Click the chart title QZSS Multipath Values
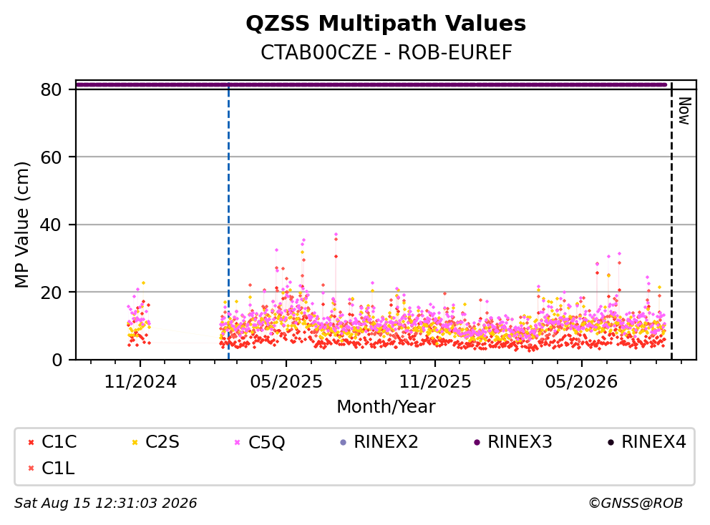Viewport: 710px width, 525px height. pos(386,24)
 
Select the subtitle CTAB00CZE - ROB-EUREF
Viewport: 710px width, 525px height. pos(386,52)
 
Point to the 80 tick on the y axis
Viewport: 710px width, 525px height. pos(51,89)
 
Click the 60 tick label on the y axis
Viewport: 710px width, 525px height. pos(51,157)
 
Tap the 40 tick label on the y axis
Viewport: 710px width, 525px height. pos(51,225)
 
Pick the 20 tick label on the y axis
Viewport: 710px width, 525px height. pos(51,293)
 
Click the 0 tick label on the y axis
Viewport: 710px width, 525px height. pos(57,360)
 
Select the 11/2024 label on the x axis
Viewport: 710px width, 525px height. pos(140,382)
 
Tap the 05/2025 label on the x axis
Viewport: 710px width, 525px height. pos(286,382)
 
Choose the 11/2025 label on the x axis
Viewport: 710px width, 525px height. pos(435,382)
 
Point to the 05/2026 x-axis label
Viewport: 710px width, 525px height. pos(581,382)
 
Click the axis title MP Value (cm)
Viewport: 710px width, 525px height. pos(21,225)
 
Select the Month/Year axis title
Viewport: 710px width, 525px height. pos(386,406)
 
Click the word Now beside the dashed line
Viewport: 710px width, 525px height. pos(684,111)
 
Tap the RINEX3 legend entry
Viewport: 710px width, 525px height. pos(513,442)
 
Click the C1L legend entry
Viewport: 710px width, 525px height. pos(51,468)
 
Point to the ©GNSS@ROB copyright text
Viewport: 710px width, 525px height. pos(636,503)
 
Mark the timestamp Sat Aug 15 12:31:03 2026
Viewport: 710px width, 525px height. pos(106,503)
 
